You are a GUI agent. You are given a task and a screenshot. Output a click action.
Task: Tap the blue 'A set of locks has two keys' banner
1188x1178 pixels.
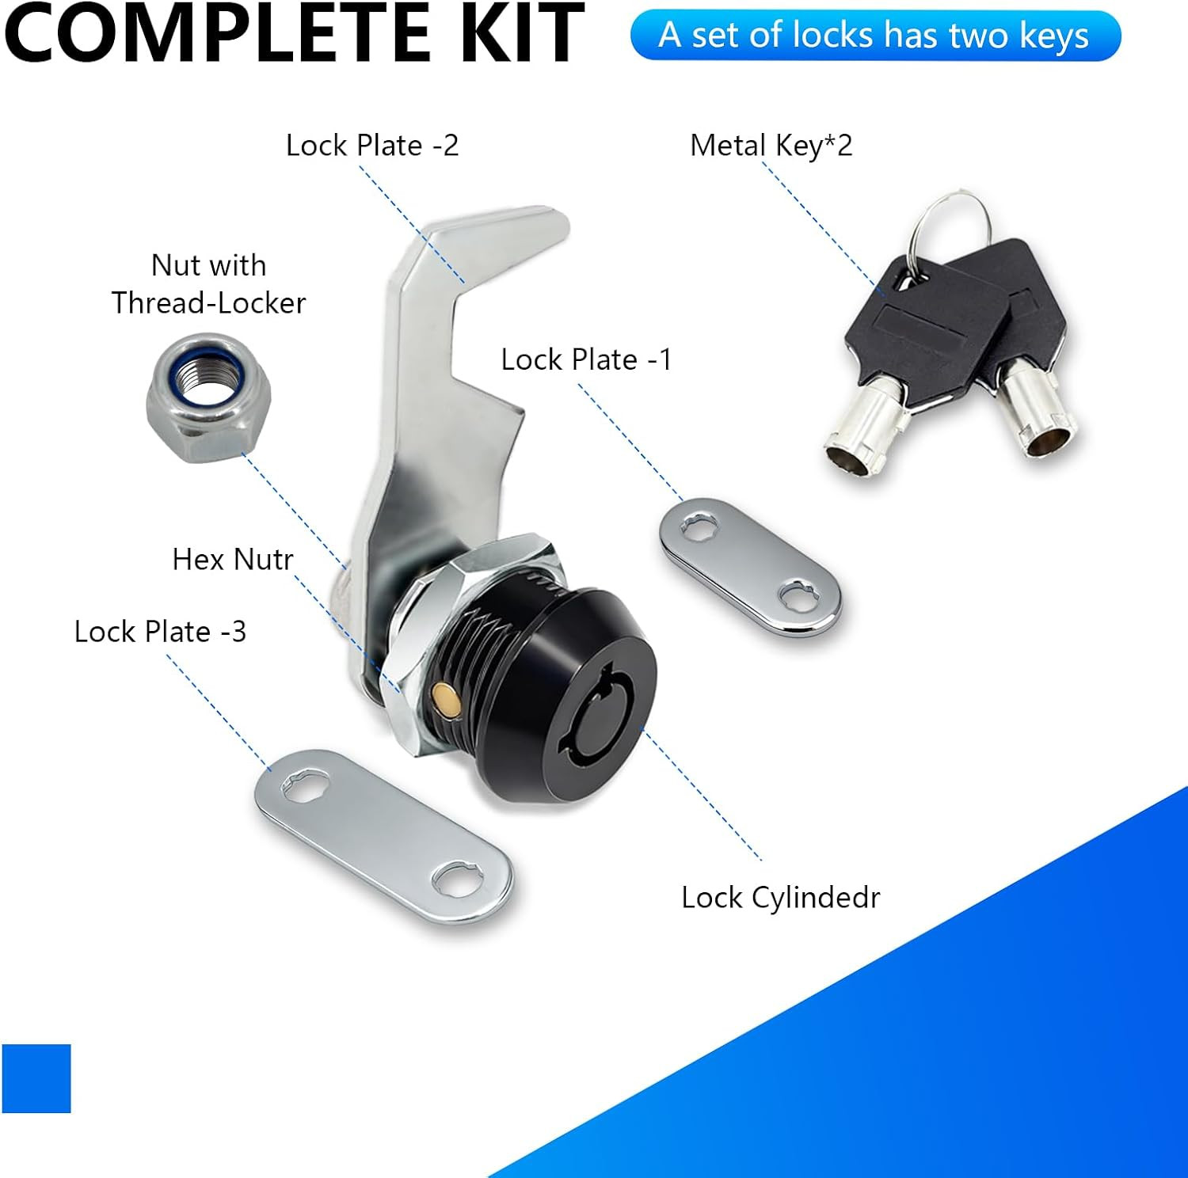tap(875, 36)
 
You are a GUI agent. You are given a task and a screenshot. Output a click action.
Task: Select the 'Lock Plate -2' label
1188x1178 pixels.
tap(372, 146)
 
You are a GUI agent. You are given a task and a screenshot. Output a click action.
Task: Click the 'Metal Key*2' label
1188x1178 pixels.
tap(771, 146)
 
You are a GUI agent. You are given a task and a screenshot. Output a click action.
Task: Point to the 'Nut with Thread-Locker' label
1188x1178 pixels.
tap(208, 284)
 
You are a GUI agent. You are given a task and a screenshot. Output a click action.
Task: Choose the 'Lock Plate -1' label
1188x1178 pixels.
tap(586, 359)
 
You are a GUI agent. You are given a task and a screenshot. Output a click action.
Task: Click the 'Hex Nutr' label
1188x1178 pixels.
tap(233, 560)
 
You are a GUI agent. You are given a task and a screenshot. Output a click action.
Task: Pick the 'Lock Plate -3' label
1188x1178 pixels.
tap(160, 632)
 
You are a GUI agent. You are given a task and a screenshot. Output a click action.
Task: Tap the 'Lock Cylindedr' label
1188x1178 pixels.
tap(780, 898)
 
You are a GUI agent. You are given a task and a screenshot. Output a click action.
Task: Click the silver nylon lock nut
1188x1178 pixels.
tap(208, 397)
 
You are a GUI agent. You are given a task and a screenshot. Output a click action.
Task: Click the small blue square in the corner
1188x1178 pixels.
tap(36, 1078)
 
